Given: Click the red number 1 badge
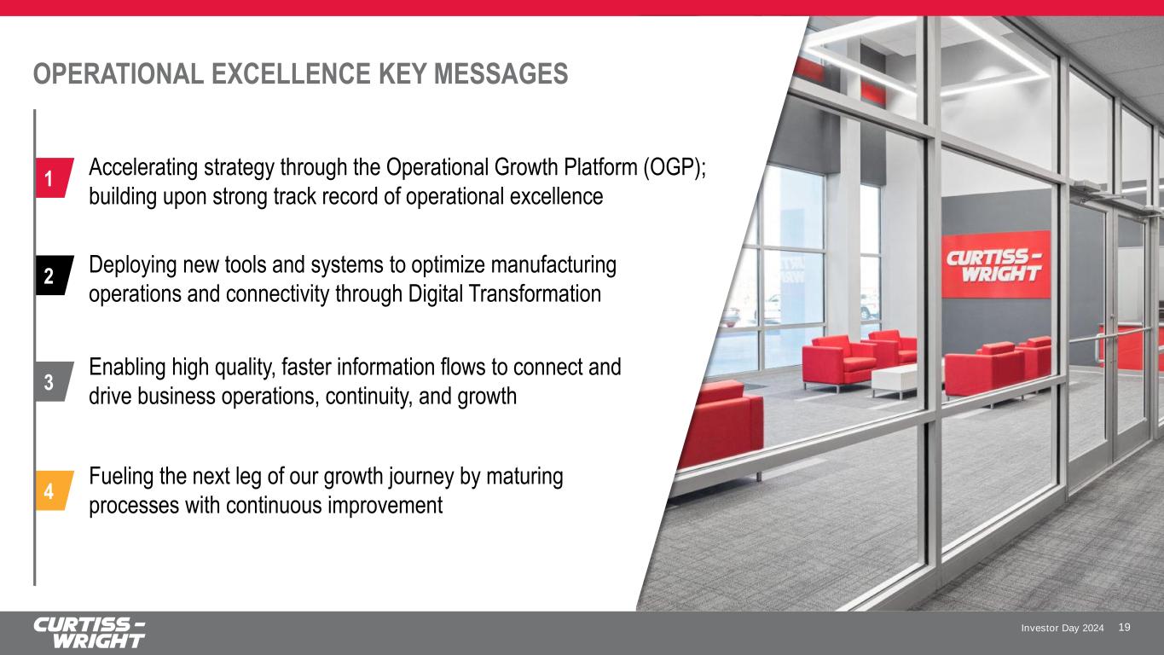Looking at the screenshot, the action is pos(54,177).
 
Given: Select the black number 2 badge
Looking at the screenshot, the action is pos(54,275).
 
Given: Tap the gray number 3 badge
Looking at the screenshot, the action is pos(54,381).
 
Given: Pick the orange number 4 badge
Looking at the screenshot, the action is pos(54,490).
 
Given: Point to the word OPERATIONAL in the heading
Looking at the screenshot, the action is pos(119,74).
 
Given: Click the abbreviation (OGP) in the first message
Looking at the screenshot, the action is pos(675,168).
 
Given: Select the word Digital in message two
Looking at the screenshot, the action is pos(435,293).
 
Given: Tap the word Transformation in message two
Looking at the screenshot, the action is pos(535,293).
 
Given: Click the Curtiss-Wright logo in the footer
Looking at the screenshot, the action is pos(89,633).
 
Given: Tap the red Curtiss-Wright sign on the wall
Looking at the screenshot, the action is pos(996,264).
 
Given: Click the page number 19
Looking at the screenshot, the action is pos(1124,628).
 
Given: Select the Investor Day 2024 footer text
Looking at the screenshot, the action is pos(1063,628).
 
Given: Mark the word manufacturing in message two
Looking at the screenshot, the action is pos(553,265).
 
